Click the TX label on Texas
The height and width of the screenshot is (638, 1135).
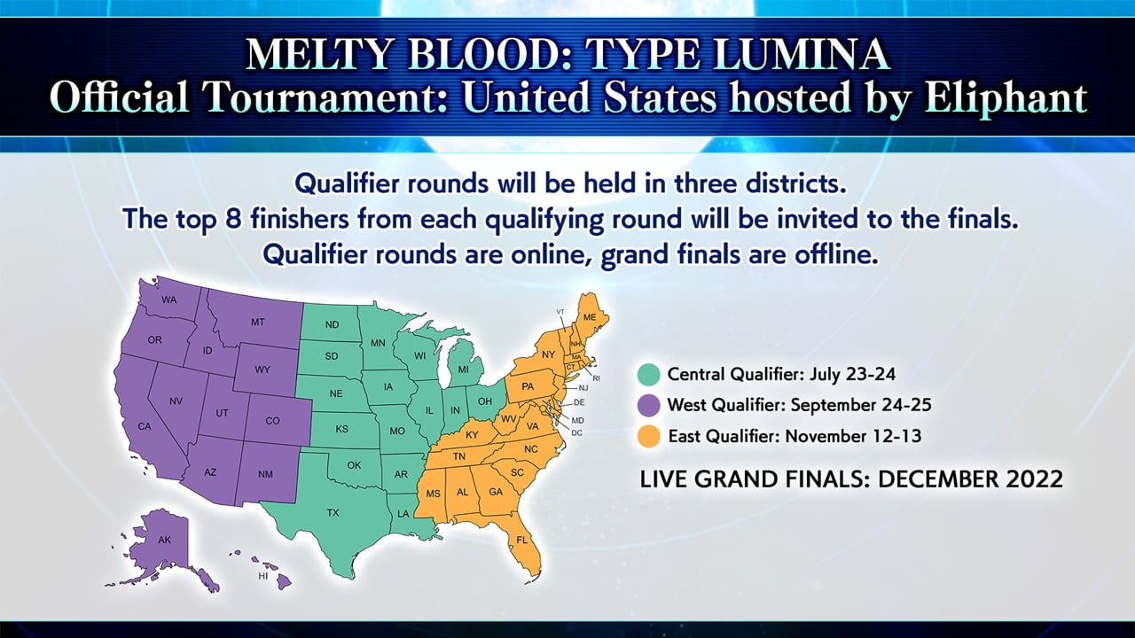tap(333, 513)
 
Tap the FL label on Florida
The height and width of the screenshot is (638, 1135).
tap(522, 541)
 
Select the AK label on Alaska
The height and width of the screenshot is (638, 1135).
tap(165, 541)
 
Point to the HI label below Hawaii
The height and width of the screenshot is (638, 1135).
tap(263, 576)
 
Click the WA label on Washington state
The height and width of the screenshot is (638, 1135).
tap(169, 300)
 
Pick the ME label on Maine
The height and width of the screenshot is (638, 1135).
tap(590, 317)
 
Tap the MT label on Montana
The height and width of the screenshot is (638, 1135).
tap(258, 322)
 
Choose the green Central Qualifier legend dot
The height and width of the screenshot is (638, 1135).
tap(648, 375)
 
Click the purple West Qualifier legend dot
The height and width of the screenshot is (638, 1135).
tap(648, 405)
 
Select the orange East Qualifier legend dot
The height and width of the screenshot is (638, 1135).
tap(648, 436)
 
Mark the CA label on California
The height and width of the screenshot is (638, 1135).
tap(145, 427)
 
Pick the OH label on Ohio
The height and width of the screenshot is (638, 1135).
tap(485, 401)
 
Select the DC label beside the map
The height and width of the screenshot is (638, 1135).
tap(576, 433)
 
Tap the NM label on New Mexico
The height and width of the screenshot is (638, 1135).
tap(265, 474)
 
